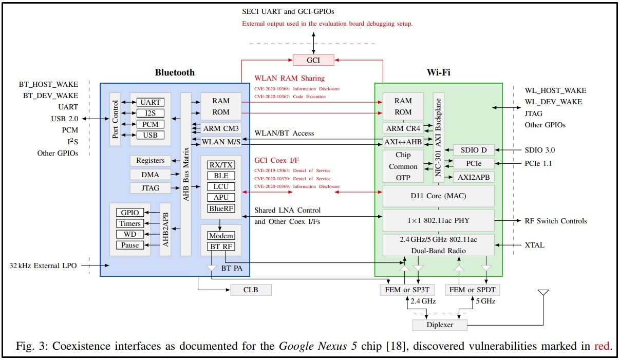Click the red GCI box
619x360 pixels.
point(313,60)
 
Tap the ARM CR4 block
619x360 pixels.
point(403,128)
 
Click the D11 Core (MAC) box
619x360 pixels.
point(438,196)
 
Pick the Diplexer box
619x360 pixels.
point(440,325)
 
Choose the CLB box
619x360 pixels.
point(251,290)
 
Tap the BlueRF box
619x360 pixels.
point(221,208)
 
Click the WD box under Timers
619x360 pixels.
point(130,234)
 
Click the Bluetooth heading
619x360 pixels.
point(175,72)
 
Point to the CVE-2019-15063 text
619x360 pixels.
point(292,170)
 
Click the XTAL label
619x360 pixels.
point(534,245)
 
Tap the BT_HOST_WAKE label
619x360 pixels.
point(50,84)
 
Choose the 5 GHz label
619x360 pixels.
point(485,301)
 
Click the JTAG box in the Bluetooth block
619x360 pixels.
point(151,188)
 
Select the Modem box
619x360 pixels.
point(221,236)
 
